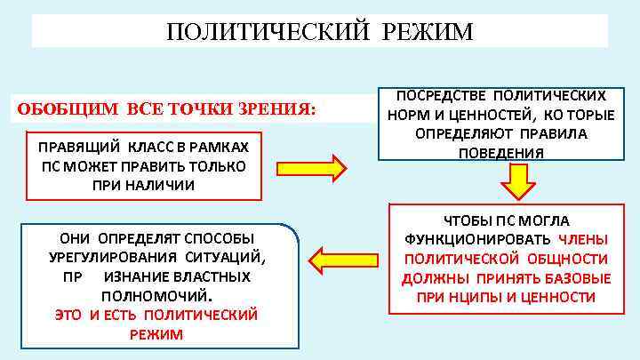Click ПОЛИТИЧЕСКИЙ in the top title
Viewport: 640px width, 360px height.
click(268, 33)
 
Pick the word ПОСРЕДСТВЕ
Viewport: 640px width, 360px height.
click(432, 94)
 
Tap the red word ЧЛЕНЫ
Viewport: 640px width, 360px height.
click(584, 240)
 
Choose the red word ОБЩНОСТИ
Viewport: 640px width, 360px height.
click(566, 259)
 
